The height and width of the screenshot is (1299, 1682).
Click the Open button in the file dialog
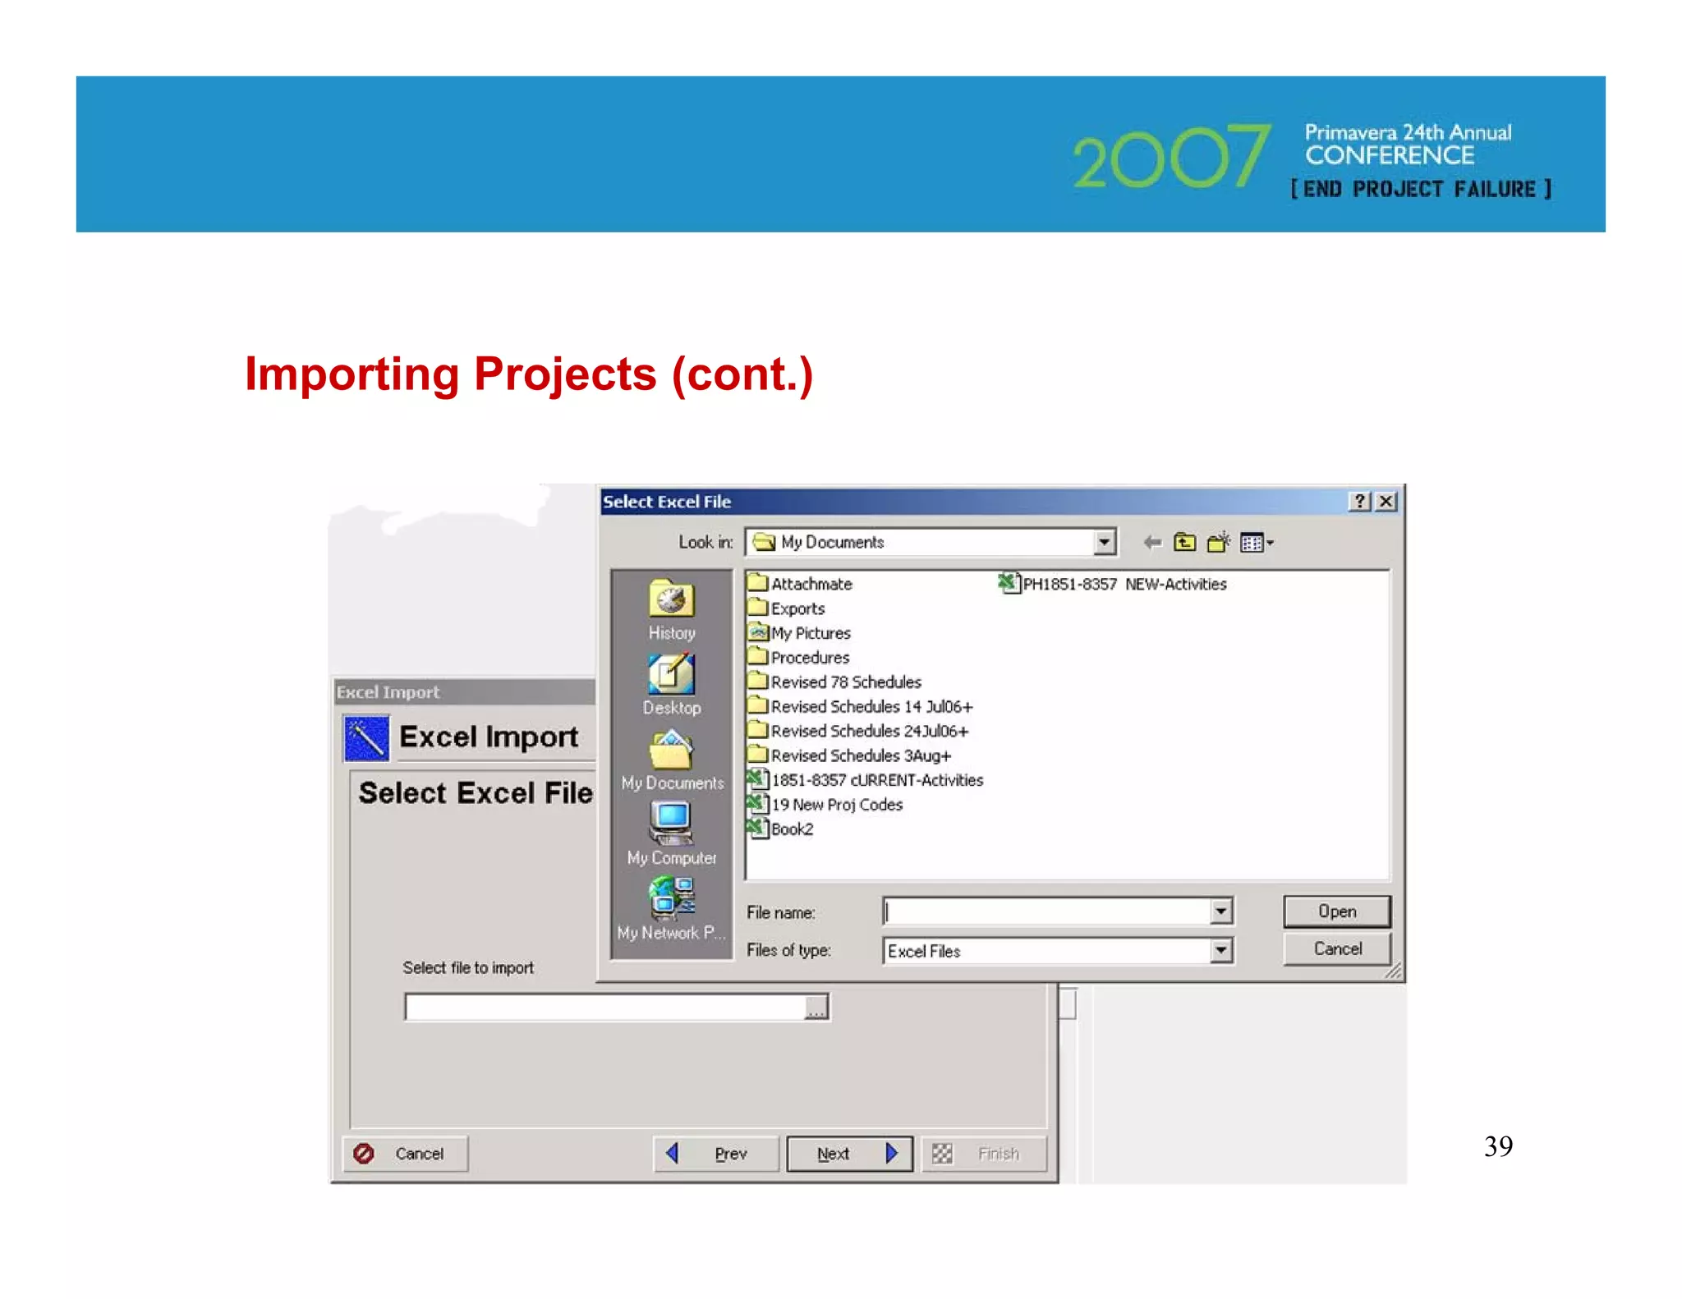point(1335,911)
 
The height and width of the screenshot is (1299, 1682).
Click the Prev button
point(716,1154)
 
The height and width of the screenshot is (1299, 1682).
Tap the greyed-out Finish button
point(984,1154)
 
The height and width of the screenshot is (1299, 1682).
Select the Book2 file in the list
point(791,829)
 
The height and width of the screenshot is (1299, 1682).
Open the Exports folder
point(797,608)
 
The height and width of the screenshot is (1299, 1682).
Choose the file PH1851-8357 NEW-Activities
point(1124,584)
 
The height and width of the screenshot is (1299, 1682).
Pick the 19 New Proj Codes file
point(835,805)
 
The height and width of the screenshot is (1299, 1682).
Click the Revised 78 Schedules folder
point(845,682)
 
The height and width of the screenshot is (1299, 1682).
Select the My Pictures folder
point(810,633)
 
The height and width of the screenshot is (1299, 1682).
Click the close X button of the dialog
point(1386,501)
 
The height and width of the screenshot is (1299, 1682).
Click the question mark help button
point(1360,501)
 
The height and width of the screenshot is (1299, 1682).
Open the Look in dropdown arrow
point(1105,542)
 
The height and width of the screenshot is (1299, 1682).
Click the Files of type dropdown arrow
point(1221,951)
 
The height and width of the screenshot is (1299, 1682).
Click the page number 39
point(1498,1146)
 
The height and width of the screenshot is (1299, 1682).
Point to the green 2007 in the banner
point(1171,157)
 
